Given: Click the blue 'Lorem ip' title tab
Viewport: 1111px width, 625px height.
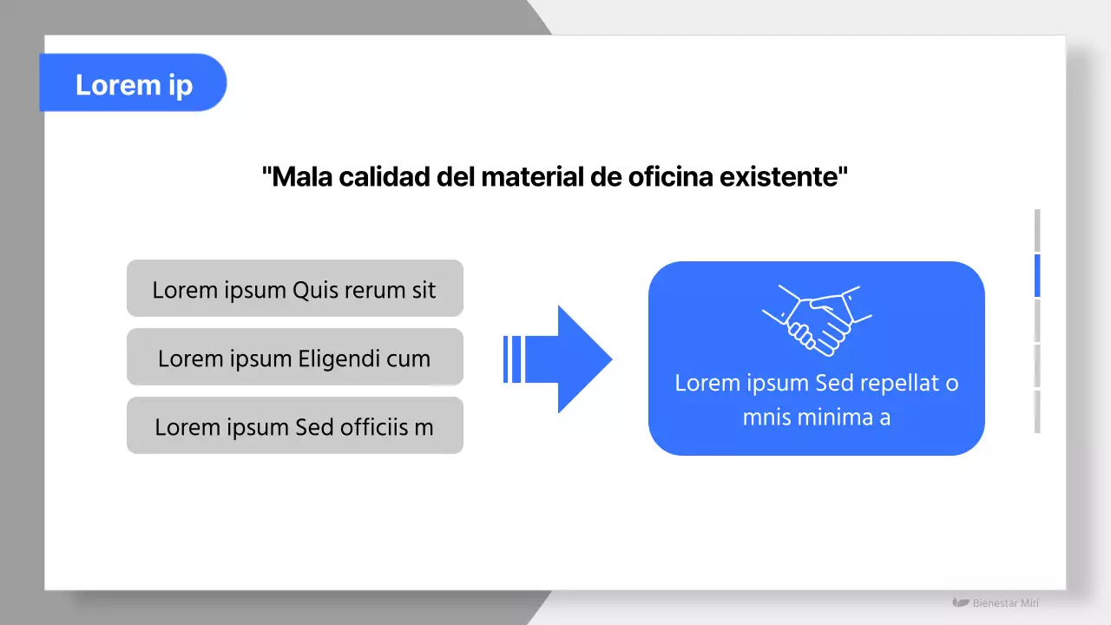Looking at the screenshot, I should (133, 83).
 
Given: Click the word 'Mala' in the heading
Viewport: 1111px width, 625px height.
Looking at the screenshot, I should (300, 177).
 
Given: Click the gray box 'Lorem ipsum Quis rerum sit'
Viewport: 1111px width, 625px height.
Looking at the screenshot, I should (294, 288).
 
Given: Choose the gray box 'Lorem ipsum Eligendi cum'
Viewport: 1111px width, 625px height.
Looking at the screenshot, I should (294, 357).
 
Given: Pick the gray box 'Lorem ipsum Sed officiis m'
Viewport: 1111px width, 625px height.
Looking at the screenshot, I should (294, 425).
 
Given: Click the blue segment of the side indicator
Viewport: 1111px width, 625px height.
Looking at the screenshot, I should (1036, 276).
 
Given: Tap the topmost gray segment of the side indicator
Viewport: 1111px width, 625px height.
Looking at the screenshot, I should (1036, 230).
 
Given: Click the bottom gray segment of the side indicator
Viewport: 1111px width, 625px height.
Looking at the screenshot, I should (1036, 411).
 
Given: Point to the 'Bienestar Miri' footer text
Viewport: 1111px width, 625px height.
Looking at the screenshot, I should (1005, 602).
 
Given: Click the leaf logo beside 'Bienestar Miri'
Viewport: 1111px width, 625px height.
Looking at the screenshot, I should (960, 602).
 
